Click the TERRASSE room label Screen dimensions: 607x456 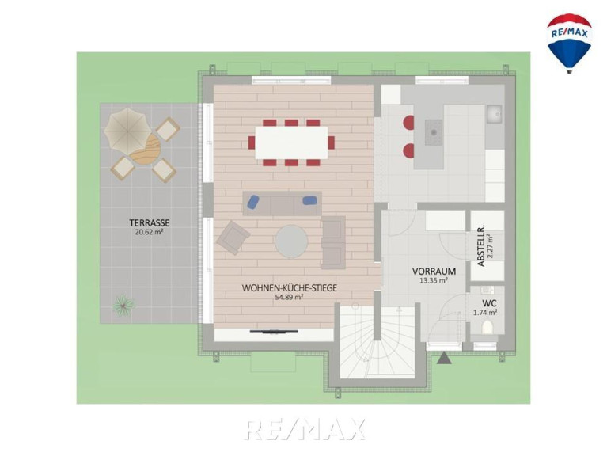coord(150,223)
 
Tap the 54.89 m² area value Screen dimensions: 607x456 coord(288,297)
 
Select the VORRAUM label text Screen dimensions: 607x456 coord(434,272)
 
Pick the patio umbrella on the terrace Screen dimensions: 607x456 coord(127,130)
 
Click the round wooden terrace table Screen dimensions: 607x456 coord(146,149)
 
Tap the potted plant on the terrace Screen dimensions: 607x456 coord(123,305)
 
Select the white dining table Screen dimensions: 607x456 coord(291,142)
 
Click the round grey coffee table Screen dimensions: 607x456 coord(291,242)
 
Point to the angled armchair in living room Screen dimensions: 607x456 coord(233,237)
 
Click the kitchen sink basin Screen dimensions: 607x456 coord(494,114)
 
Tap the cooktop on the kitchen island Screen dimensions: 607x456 coord(434,132)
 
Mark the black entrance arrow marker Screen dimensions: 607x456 coord(444,358)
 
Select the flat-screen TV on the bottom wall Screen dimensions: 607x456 coord(274,331)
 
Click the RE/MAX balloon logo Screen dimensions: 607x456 coord(569,44)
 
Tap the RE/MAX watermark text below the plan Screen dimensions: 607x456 coord(305,429)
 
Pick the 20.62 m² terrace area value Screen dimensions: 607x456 coord(150,232)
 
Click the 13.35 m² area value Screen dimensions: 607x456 coord(434,280)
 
